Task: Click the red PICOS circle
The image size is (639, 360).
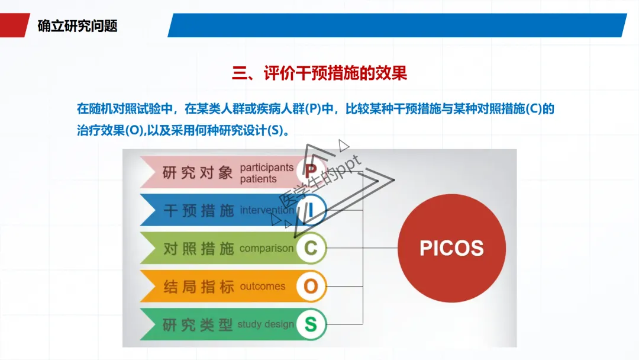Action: pos(451,248)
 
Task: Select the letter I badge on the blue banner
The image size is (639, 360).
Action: pos(311,210)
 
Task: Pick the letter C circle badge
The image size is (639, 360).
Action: pos(311,248)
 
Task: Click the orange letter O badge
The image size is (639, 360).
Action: pos(311,287)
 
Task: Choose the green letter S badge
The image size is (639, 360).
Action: pos(311,324)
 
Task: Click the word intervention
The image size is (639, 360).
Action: pos(266,210)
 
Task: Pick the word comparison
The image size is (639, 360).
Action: pos(266,249)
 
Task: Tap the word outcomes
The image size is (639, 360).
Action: pos(262,287)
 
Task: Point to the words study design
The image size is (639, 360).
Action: pos(265,324)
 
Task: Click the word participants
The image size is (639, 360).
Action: pos(266,168)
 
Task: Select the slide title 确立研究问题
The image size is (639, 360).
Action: pos(78,26)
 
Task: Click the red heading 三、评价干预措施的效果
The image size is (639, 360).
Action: pos(319,73)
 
